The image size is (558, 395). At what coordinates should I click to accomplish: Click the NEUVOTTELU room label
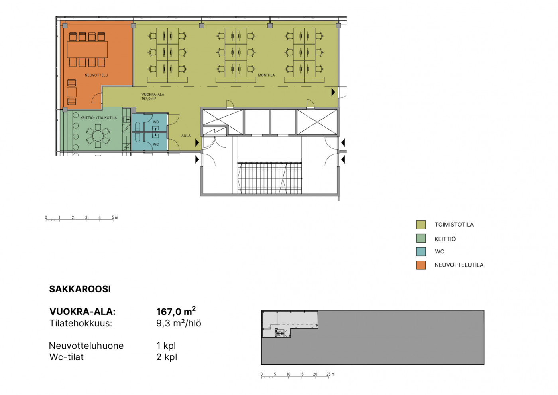point(96,75)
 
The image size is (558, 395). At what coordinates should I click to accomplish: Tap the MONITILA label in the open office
point(266,75)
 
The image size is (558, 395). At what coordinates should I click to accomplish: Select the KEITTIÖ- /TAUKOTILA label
point(98,118)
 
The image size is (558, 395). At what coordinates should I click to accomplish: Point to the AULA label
point(186,136)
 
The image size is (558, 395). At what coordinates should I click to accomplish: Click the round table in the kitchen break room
point(98,136)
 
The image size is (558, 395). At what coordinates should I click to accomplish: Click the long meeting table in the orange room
point(87,49)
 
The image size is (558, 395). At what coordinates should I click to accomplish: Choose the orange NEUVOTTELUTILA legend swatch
point(421,265)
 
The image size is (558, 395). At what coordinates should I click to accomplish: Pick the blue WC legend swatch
point(421,251)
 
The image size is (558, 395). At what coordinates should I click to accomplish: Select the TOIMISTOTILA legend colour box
point(421,224)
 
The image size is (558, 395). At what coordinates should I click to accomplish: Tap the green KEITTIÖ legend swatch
point(421,238)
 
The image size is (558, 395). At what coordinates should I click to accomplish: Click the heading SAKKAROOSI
point(80,289)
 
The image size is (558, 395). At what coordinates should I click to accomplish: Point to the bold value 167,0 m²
point(176,311)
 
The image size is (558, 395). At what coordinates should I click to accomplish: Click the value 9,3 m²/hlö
point(179,323)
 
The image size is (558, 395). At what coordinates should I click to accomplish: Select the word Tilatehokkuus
point(81,323)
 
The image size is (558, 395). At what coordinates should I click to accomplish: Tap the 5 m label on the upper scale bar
point(115,217)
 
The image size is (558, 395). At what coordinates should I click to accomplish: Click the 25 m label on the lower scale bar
point(330,374)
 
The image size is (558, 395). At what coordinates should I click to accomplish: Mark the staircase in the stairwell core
point(269,178)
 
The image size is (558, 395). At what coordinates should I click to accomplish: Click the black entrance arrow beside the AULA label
point(197,143)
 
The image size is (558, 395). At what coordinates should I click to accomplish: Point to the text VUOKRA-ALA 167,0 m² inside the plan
point(153,97)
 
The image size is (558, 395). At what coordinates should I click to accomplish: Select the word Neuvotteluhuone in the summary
point(86,346)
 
